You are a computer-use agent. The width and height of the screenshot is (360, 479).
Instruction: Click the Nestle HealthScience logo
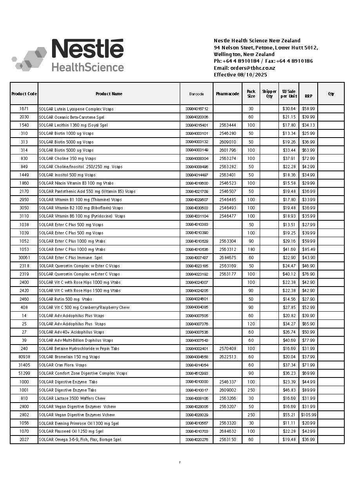[x=68, y=55]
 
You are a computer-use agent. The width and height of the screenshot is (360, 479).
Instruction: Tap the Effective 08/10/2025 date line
[x=240, y=74]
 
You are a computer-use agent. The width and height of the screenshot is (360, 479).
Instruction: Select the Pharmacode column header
[x=227, y=94]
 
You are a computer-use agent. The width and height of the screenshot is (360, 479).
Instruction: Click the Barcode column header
[x=197, y=94]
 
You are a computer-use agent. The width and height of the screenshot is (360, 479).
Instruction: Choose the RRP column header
[x=308, y=96]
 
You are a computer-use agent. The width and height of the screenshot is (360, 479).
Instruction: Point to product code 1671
[x=24, y=109]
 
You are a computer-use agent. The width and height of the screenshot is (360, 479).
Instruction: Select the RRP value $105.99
[x=308, y=415]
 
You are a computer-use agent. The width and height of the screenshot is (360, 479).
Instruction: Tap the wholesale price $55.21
[x=289, y=415]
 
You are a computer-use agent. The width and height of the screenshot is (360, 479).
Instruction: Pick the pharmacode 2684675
[x=228, y=258]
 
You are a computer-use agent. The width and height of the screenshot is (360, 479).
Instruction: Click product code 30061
[x=24, y=258]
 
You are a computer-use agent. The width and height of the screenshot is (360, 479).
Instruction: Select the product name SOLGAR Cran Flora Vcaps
[x=63, y=365]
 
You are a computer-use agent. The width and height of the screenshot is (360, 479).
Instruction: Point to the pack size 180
[x=251, y=249]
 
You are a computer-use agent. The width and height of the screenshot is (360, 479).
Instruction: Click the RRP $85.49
[x=308, y=249]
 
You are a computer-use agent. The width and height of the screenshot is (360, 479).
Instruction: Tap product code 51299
[x=24, y=373]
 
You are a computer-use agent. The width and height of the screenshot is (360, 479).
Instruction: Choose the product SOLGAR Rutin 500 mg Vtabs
[x=65, y=299]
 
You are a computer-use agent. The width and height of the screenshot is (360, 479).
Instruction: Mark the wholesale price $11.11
[x=289, y=423]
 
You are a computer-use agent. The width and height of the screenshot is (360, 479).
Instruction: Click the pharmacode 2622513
[x=228, y=357]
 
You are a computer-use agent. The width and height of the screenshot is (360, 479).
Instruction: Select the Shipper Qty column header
[x=269, y=94]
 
